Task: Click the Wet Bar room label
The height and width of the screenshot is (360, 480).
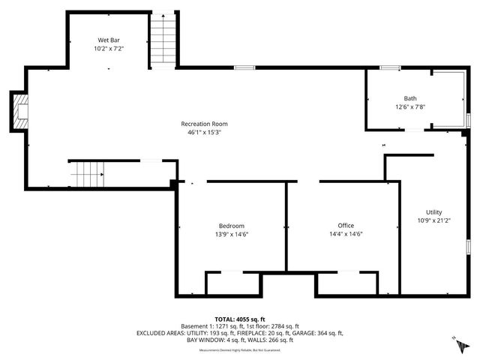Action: (109, 40)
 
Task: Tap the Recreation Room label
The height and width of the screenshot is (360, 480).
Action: (204, 124)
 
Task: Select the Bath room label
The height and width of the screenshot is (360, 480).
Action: (410, 98)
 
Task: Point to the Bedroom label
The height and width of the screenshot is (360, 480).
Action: (231, 226)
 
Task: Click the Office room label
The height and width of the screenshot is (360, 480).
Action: (346, 226)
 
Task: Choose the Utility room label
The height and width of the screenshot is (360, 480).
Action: (434, 212)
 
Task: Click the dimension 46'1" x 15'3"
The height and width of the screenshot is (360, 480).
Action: (204, 132)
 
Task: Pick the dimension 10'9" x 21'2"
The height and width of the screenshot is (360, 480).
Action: (434, 220)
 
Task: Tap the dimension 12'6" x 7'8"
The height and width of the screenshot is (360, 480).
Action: (410, 106)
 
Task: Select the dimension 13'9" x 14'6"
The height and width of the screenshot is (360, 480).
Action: (231, 234)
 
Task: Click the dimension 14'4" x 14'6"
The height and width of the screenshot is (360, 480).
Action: (346, 234)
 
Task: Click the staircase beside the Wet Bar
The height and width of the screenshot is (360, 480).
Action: (161, 40)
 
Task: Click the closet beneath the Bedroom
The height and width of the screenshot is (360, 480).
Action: (233, 283)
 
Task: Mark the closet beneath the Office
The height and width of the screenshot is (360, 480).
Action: (346, 283)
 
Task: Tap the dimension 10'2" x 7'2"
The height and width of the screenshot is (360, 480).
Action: (109, 48)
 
